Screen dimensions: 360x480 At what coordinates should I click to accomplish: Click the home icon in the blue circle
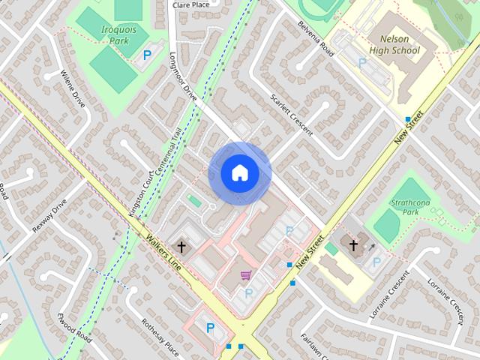click(239, 173)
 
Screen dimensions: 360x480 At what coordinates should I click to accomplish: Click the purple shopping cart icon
click(245, 275)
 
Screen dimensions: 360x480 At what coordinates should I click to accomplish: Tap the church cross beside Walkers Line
click(180, 246)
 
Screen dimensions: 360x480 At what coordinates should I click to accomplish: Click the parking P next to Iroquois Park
click(146, 54)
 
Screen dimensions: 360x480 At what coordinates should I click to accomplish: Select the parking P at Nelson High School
click(362, 64)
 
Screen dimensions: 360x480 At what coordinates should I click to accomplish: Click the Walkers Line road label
click(164, 254)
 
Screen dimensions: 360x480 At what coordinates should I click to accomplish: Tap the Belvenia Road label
click(315, 38)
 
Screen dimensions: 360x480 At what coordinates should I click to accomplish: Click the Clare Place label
click(190, 4)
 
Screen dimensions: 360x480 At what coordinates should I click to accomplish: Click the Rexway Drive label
click(49, 216)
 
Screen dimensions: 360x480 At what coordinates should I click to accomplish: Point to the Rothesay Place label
click(160, 337)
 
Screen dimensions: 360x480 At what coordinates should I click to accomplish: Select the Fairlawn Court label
click(315, 347)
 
